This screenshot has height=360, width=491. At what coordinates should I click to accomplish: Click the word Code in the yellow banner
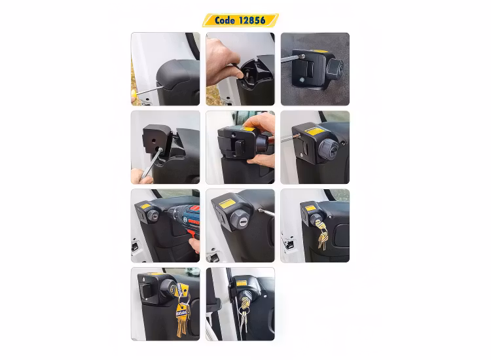click(225, 20)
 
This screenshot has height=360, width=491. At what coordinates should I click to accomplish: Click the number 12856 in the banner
click(253, 20)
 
